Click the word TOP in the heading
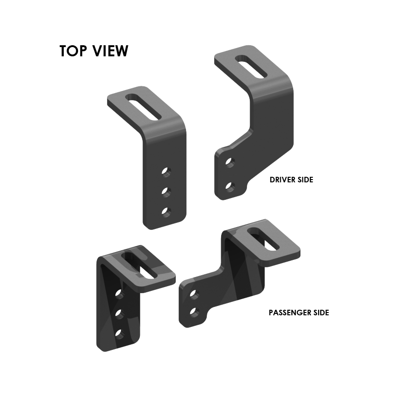[73, 51]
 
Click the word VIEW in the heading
[110, 51]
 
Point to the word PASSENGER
[290, 313]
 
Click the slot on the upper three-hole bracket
[143, 107]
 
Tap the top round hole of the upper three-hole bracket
[166, 172]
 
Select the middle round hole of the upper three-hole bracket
[166, 192]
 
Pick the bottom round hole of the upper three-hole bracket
[166, 212]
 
